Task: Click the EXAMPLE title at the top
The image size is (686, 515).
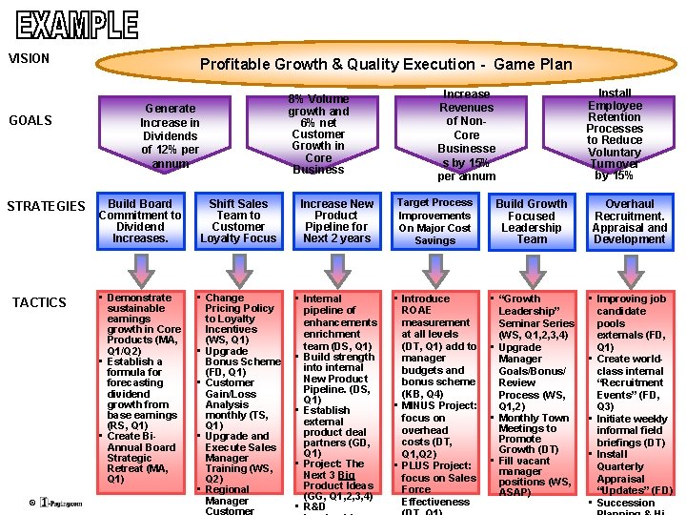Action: click(x=77, y=23)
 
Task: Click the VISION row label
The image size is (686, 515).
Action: click(x=29, y=58)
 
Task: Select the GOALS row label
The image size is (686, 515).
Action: click(x=30, y=120)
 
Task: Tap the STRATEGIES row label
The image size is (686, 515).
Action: click(x=46, y=206)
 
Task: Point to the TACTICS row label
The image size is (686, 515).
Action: click(x=39, y=302)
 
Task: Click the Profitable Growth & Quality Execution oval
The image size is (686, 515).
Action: click(x=386, y=64)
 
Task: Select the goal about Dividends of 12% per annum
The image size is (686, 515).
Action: click(x=170, y=135)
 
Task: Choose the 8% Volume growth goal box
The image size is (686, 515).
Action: click(x=318, y=134)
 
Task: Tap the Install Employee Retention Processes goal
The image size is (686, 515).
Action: click(x=615, y=134)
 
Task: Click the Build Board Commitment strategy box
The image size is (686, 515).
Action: click(x=140, y=221)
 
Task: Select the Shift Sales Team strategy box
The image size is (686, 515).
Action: click(x=238, y=221)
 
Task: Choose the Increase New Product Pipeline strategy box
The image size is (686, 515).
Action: click(x=336, y=221)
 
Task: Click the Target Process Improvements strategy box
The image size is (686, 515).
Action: click(x=434, y=221)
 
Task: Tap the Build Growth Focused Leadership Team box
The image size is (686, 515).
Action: click(x=532, y=221)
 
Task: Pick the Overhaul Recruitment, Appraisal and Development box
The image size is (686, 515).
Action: click(x=630, y=221)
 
